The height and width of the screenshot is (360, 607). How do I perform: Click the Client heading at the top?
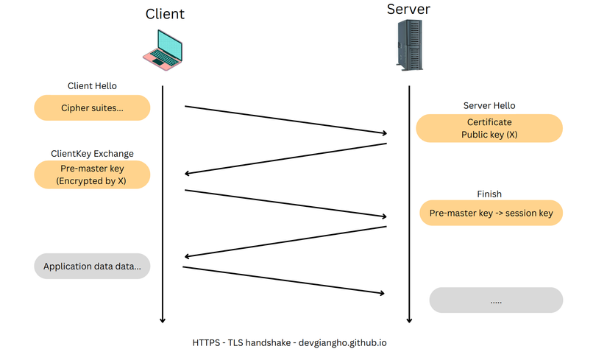pos(165,14)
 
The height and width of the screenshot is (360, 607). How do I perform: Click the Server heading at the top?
pos(408,10)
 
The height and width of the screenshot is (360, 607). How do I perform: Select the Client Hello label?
pos(92,86)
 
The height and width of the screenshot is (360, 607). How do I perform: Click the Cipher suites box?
pos(92,108)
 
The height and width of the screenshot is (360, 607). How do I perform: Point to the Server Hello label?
pos(489,106)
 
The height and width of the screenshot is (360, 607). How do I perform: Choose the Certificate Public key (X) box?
pos(489,128)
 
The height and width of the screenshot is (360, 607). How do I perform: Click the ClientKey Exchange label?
pos(92,154)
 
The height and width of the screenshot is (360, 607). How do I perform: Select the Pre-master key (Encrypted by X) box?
pos(92,174)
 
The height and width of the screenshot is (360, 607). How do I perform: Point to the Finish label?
pos(489,194)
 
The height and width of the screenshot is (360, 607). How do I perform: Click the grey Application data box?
pos(92,267)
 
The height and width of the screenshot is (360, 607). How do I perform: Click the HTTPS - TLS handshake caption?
pos(289,343)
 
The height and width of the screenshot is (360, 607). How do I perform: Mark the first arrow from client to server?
pos(285,120)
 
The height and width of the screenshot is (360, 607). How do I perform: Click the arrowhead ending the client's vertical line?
pos(163,320)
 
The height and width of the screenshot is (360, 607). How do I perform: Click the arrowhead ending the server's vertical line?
pos(409,320)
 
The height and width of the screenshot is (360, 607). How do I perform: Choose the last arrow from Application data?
pos(284,280)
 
